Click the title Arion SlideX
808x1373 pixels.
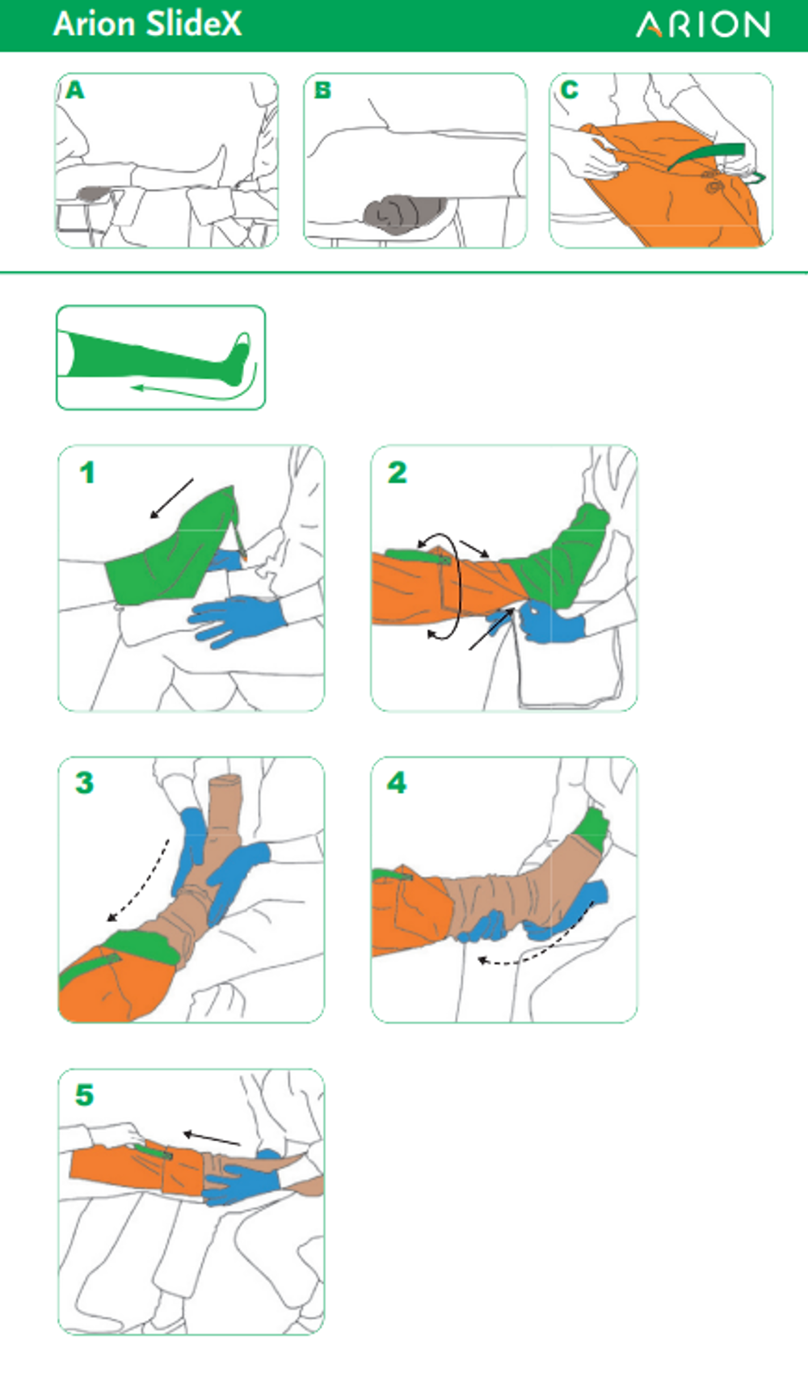click(x=148, y=24)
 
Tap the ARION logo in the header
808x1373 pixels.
click(x=703, y=25)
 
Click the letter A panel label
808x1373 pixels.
click(x=75, y=90)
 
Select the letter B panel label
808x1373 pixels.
click(x=322, y=90)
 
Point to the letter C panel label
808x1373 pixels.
click(x=569, y=90)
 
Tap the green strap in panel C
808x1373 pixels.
click(x=706, y=156)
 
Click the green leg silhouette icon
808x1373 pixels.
click(x=161, y=359)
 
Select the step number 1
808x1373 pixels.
click(x=87, y=473)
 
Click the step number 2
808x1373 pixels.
click(x=398, y=473)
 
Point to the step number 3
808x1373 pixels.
click(x=85, y=783)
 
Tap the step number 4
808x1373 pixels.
click(x=397, y=783)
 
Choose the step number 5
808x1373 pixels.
click(x=85, y=1095)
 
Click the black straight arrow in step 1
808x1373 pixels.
click(x=172, y=499)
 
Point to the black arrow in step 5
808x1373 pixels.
click(x=213, y=1139)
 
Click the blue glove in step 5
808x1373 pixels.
click(x=242, y=1180)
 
